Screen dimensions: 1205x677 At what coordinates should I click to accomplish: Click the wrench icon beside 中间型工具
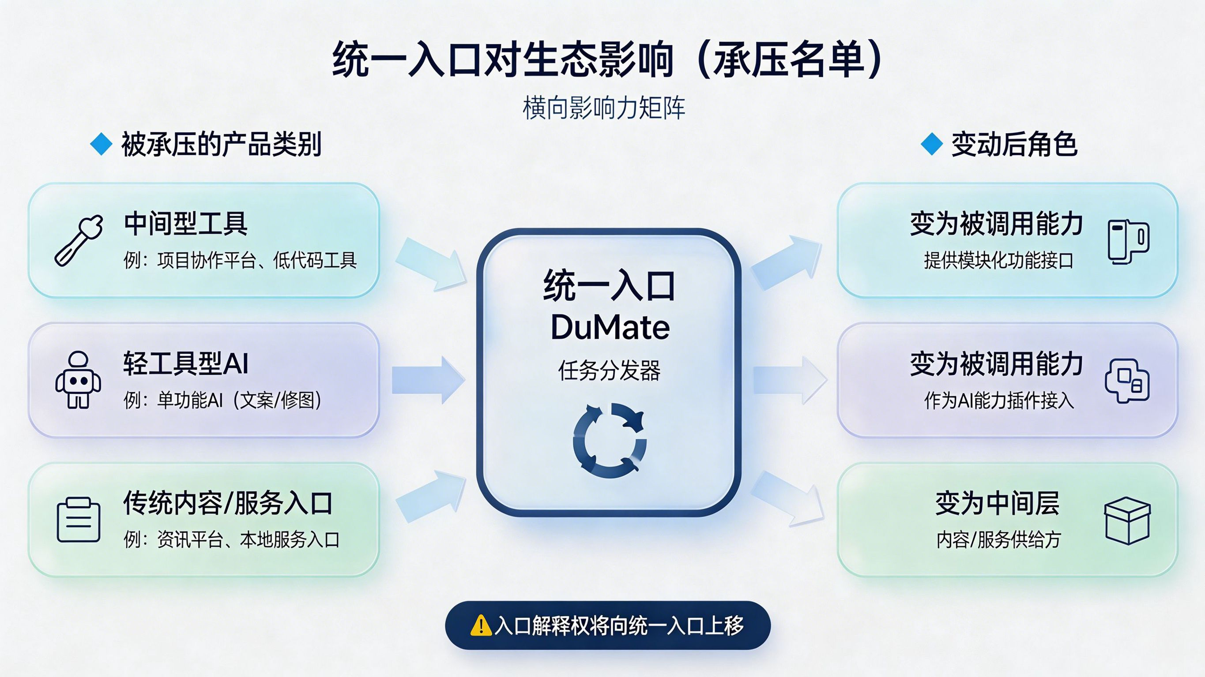pyautogui.click(x=78, y=240)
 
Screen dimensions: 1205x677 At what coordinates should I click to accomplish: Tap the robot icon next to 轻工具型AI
pyautogui.click(x=78, y=380)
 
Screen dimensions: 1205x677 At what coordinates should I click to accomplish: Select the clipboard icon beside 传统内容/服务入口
pyautogui.click(x=79, y=520)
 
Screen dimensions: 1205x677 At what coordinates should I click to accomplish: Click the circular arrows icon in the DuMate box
pyautogui.click(x=610, y=441)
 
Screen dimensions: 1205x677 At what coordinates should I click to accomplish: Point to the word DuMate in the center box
pyautogui.click(x=610, y=327)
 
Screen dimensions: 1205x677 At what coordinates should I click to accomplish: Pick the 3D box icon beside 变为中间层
pyautogui.click(x=1127, y=520)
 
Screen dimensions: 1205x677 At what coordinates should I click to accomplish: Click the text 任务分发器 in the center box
pyautogui.click(x=609, y=371)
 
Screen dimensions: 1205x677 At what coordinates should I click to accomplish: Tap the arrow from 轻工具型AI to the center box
pyautogui.click(x=428, y=380)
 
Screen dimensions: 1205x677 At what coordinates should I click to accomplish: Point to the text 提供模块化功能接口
pyautogui.click(x=998, y=260)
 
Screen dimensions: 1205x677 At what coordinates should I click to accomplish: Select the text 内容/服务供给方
pyautogui.click(x=998, y=539)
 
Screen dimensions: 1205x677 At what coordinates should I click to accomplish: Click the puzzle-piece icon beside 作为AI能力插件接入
pyautogui.click(x=1127, y=381)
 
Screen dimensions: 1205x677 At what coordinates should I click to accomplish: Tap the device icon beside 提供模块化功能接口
pyautogui.click(x=1129, y=242)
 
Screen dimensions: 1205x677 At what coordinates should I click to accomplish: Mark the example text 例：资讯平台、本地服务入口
pyautogui.click(x=232, y=539)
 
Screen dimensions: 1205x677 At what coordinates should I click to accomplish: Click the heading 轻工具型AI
pyautogui.click(x=186, y=363)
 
